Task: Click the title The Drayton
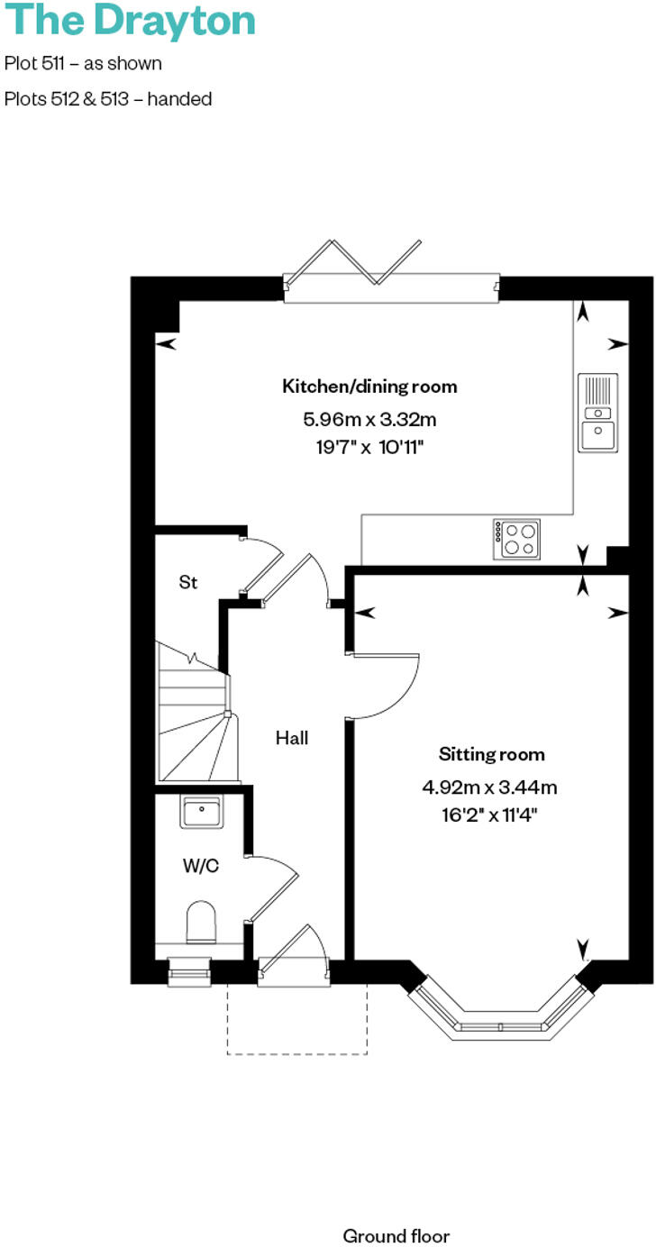pyautogui.click(x=130, y=21)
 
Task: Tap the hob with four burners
pyautogui.click(x=517, y=539)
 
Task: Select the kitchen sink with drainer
pyautogui.click(x=598, y=413)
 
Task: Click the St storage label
pyautogui.click(x=187, y=583)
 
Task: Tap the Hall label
pyautogui.click(x=292, y=738)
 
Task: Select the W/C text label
pyautogui.click(x=200, y=867)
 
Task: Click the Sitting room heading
pyautogui.click(x=491, y=754)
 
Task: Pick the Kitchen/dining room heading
pyautogui.click(x=369, y=387)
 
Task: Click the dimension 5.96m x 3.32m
pyautogui.click(x=369, y=419)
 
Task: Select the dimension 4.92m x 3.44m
pyautogui.click(x=490, y=787)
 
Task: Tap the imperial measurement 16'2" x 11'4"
pyautogui.click(x=490, y=817)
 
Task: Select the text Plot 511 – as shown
pyautogui.click(x=83, y=64)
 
